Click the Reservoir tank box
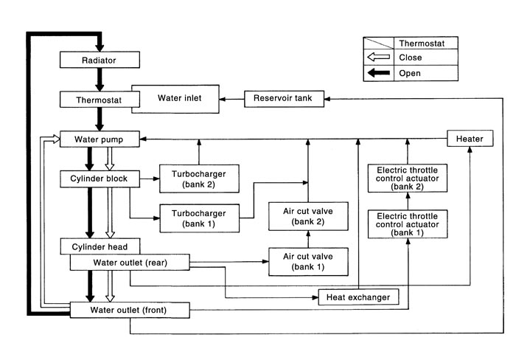(284, 98)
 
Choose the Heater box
(470, 139)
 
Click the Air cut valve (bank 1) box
(308, 261)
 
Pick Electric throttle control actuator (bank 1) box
(408, 223)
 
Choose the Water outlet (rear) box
(130, 263)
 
